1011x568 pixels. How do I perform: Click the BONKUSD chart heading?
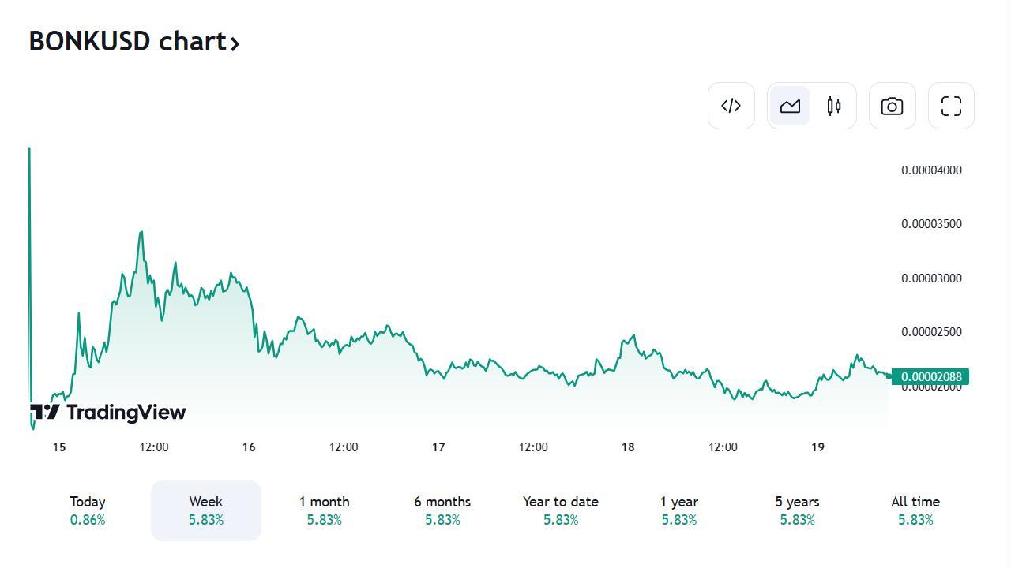(x=133, y=41)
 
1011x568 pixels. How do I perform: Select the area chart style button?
(x=790, y=106)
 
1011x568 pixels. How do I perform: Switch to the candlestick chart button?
(x=834, y=106)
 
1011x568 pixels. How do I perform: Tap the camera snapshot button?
(x=892, y=106)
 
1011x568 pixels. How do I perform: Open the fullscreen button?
(x=951, y=106)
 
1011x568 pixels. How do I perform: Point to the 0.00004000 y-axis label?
(x=931, y=170)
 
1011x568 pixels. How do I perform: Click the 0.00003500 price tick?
(x=931, y=224)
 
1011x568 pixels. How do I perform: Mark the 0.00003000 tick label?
(x=931, y=278)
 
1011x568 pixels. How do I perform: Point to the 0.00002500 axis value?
(x=931, y=332)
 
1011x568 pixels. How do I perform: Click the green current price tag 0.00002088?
(x=930, y=377)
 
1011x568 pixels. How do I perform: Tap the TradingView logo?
(x=108, y=412)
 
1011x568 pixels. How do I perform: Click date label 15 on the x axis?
(x=59, y=447)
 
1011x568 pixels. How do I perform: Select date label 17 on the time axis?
(x=438, y=447)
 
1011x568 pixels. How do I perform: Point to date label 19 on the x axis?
(x=817, y=447)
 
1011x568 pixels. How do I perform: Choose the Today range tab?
(x=88, y=510)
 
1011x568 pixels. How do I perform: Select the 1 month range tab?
(x=324, y=510)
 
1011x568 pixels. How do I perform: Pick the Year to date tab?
(x=560, y=510)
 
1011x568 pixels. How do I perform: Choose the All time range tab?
(x=915, y=510)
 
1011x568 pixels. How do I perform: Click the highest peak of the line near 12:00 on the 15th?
(x=141, y=232)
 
